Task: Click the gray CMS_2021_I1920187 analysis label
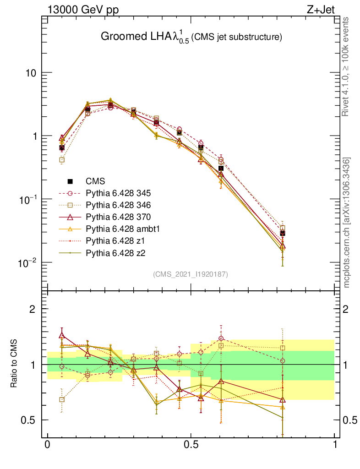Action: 191,274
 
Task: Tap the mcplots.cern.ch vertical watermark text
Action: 347,223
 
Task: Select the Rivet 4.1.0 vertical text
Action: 347,67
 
